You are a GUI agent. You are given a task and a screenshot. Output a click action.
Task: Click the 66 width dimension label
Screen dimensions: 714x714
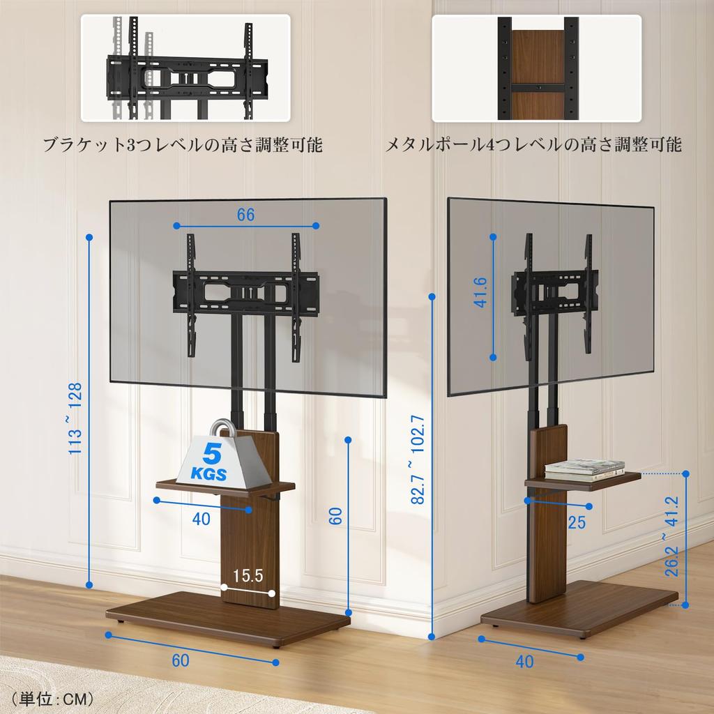point(245,215)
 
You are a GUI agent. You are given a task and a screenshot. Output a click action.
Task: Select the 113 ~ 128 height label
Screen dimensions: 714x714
point(75,418)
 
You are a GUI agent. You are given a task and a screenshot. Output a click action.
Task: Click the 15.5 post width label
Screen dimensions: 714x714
point(248,576)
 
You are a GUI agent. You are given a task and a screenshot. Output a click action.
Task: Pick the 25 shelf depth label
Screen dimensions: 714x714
point(577,522)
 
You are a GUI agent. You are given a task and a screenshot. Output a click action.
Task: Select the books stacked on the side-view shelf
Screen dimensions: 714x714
point(584,470)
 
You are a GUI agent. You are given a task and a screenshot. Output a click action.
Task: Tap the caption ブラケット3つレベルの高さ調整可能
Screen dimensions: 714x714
point(183,145)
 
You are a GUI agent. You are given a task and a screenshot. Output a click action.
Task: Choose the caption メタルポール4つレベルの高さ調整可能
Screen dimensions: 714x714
point(533,145)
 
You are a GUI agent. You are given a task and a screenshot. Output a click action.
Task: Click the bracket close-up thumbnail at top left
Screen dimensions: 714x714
point(185,68)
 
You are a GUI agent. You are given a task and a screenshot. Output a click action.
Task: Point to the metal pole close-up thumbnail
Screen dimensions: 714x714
point(536,68)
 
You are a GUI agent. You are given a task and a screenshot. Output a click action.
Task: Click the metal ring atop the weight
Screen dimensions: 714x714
point(222,430)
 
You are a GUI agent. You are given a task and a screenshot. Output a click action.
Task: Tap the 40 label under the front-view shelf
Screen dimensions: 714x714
point(202,519)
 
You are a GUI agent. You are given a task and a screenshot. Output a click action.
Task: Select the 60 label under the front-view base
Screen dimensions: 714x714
point(180,660)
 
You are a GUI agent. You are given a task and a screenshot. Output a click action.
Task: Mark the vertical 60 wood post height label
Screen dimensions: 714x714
point(335,516)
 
